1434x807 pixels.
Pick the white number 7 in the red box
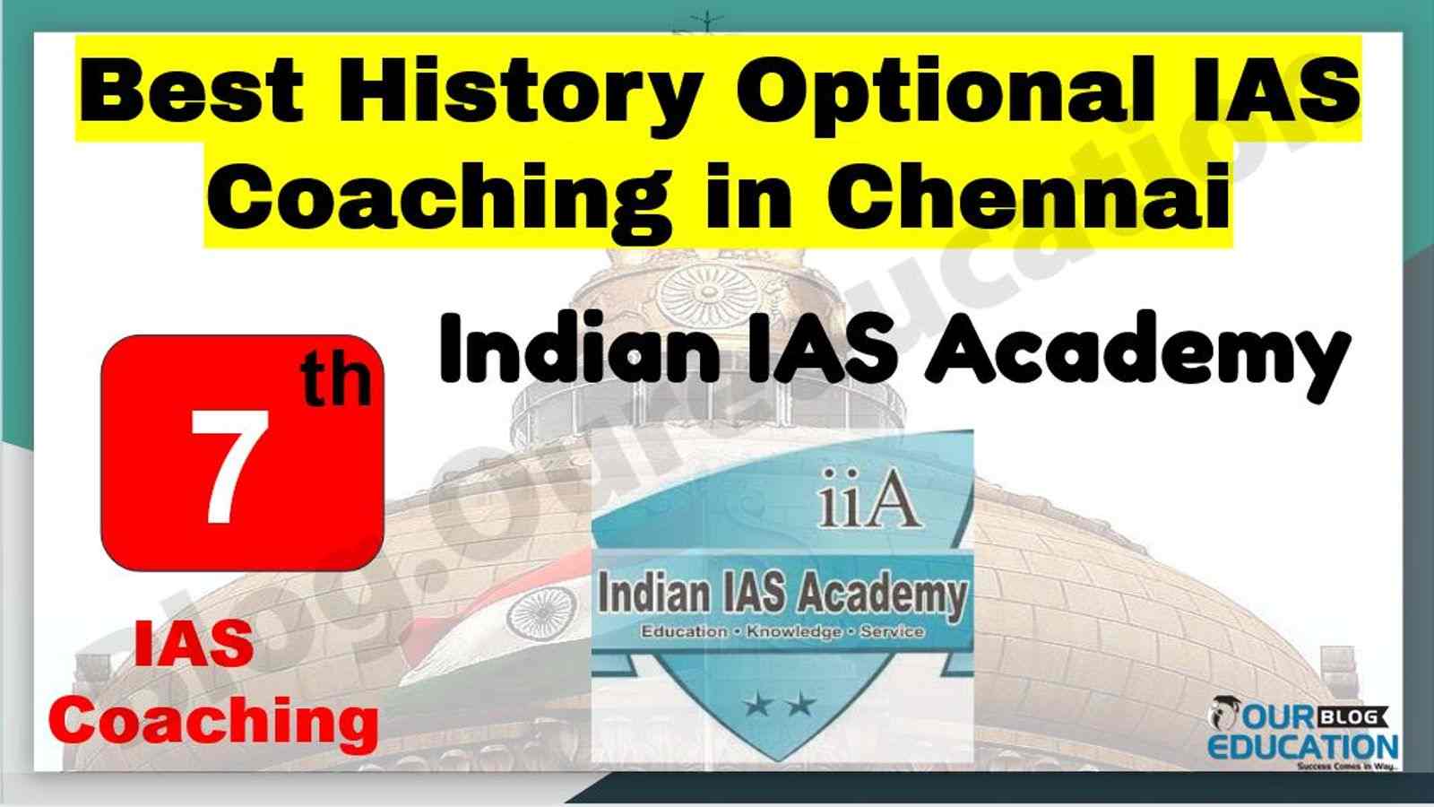pyautogui.click(x=229, y=466)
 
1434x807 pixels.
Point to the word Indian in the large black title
pyautogui.click(x=578, y=350)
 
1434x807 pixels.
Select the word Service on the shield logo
pyautogui.click(x=893, y=631)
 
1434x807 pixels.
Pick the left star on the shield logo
pyautogui.click(x=757, y=706)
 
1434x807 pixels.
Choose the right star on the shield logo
pyautogui.click(x=801, y=706)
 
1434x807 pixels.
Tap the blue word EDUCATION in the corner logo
pyautogui.click(x=1302, y=747)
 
